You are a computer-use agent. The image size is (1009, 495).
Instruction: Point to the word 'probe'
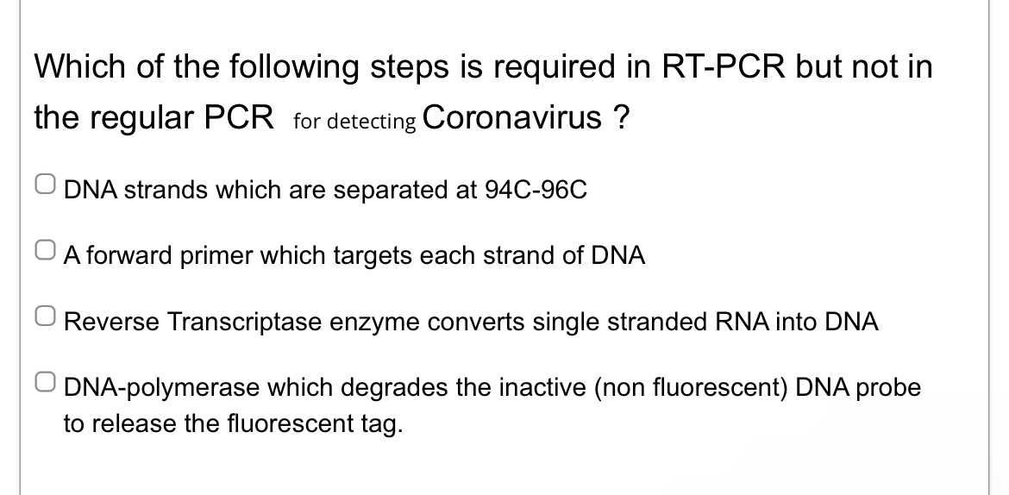pyautogui.click(x=891, y=389)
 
